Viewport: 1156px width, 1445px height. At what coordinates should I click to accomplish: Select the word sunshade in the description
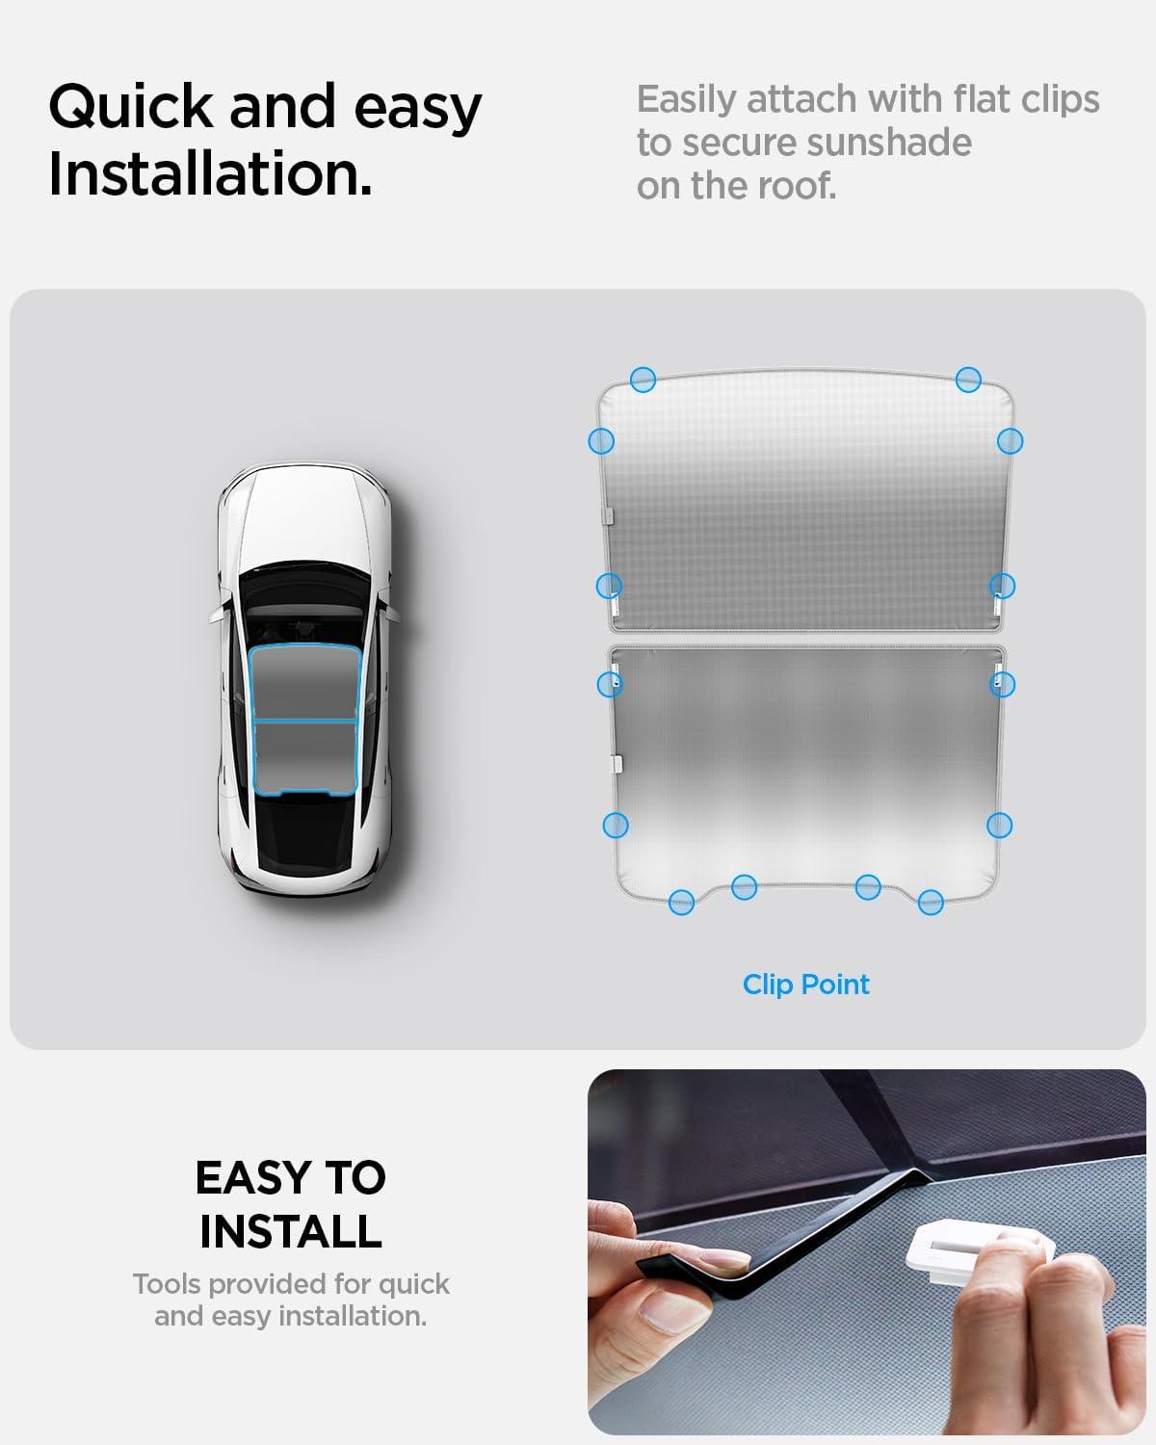tap(888, 143)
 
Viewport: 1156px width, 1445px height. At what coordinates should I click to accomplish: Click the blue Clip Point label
tap(805, 985)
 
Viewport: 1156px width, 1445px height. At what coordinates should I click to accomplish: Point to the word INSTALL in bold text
tap(290, 1231)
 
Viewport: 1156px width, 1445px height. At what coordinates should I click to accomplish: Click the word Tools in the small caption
tap(167, 1284)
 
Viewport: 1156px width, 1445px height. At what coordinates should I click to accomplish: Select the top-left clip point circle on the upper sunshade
tap(643, 379)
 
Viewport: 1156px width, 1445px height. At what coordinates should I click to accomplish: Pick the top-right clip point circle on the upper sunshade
tap(968, 379)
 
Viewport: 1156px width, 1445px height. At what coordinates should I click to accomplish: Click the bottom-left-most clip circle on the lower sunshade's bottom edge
tap(681, 903)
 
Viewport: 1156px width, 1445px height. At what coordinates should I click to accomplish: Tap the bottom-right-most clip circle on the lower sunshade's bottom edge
tap(931, 903)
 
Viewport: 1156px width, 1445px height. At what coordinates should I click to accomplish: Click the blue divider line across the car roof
tap(304, 720)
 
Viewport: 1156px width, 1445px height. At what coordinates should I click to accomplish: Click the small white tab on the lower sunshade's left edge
tap(616, 762)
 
